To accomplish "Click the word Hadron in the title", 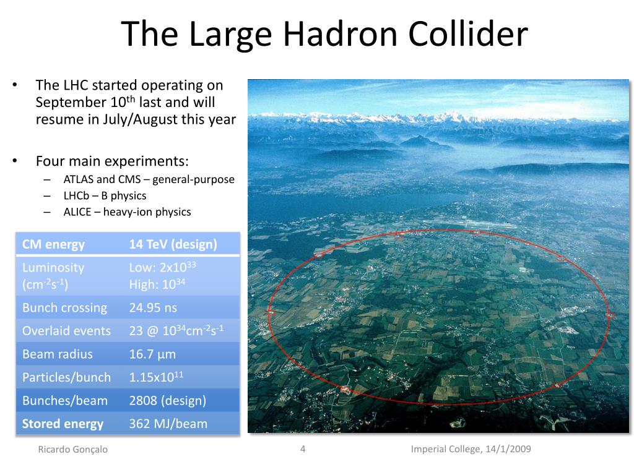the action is [340, 34].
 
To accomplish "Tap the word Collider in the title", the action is [468, 34].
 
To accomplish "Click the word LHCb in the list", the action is [76, 195].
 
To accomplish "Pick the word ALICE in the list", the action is [77, 212].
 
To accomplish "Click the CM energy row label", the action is [53, 244].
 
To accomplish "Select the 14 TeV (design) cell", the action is [173, 244].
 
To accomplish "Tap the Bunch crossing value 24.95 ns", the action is [153, 308].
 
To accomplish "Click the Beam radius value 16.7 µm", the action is [152, 354].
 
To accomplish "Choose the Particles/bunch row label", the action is [66, 377].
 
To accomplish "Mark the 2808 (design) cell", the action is [167, 401].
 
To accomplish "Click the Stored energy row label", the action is [63, 424].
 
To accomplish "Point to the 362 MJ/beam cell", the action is [168, 424].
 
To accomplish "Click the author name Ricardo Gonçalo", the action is [73, 450].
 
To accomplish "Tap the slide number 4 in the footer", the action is [302, 449].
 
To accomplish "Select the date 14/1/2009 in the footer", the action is [508, 449].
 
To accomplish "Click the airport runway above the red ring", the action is [469, 223].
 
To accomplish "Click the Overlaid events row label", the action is [66, 331].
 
